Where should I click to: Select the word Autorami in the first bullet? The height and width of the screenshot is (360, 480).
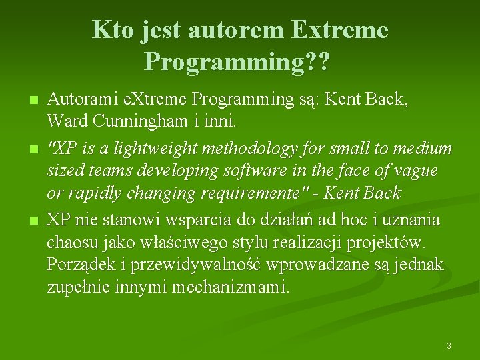tap(83, 100)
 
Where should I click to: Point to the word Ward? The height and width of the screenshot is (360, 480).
tap(65, 122)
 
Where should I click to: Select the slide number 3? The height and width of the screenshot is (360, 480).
tap(449, 346)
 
